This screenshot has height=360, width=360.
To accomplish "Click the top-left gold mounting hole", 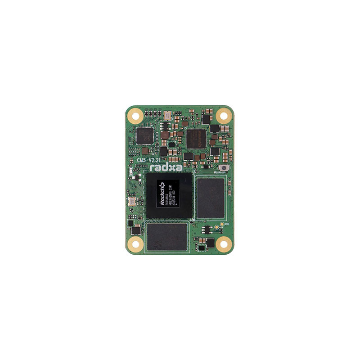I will point(135,116).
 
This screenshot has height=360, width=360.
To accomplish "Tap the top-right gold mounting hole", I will point(223,115).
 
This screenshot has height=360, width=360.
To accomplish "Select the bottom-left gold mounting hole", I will point(135,245).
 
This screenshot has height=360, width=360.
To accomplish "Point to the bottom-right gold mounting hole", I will point(224,244).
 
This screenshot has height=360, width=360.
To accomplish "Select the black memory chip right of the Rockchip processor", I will point(210,197).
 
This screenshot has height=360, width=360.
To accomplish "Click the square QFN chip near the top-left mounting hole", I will point(144,135).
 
